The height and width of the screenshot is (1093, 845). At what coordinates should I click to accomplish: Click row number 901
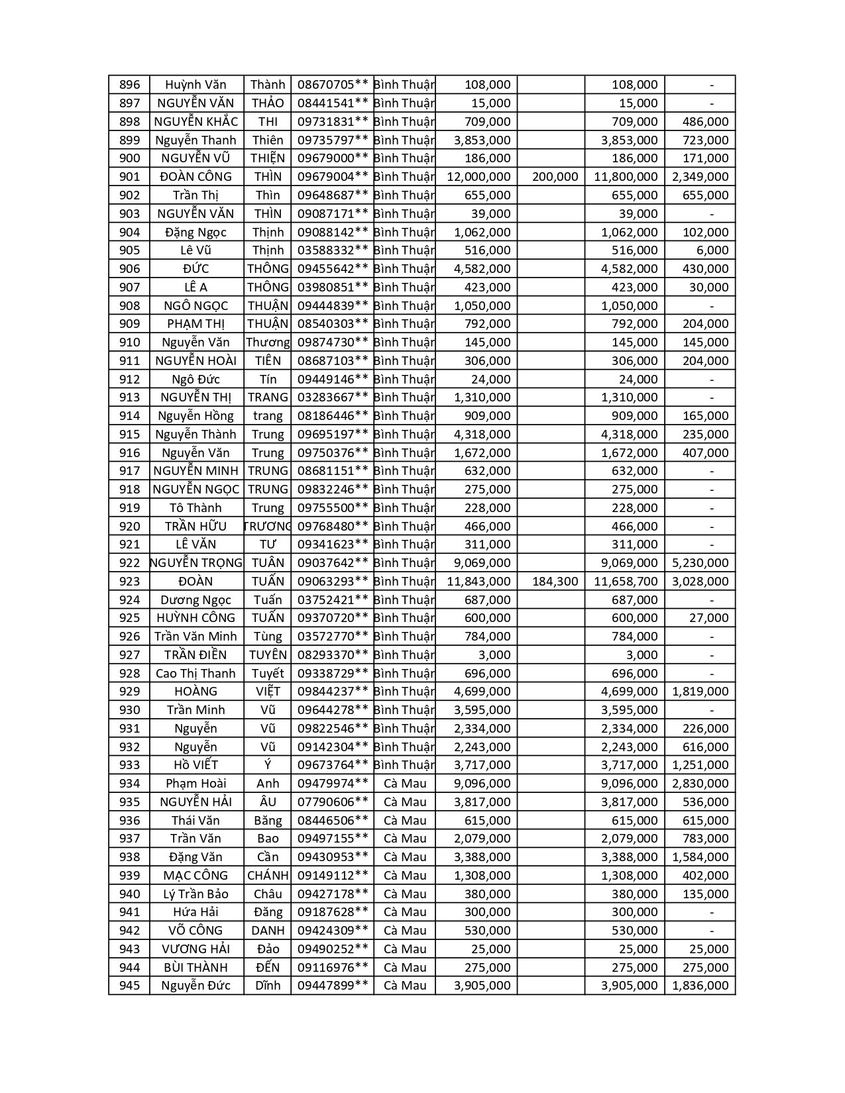pyautogui.click(x=129, y=177)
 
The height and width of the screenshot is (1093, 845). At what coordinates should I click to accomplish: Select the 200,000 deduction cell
pyautogui.click(x=555, y=177)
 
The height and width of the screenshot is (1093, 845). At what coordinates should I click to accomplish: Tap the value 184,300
pyautogui.click(x=555, y=582)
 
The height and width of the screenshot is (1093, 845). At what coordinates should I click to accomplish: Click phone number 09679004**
pyautogui.click(x=332, y=177)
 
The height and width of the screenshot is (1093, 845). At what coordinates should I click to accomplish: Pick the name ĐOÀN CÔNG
pyautogui.click(x=196, y=177)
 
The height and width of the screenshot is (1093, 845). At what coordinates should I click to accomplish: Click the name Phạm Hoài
pyautogui.click(x=196, y=784)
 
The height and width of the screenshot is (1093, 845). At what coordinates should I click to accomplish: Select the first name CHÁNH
pyautogui.click(x=268, y=876)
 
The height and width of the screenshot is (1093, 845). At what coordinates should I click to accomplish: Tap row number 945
pyautogui.click(x=129, y=986)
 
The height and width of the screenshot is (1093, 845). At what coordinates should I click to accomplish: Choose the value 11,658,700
pyautogui.click(x=626, y=582)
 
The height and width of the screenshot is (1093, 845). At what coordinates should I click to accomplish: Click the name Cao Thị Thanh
pyautogui.click(x=196, y=674)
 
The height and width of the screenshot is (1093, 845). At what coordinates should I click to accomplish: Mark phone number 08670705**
pyautogui.click(x=332, y=85)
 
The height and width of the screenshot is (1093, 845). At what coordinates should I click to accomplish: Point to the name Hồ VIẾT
pyautogui.click(x=196, y=765)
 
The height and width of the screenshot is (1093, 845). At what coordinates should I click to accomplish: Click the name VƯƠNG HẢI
pyautogui.click(x=196, y=949)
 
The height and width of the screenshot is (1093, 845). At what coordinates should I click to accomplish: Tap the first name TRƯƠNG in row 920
pyautogui.click(x=268, y=527)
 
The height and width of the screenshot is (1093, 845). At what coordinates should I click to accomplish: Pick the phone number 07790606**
pyautogui.click(x=332, y=802)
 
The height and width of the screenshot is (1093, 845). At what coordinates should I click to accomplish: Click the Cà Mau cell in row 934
pyautogui.click(x=405, y=784)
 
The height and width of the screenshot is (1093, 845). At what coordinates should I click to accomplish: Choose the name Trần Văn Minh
pyautogui.click(x=196, y=637)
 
